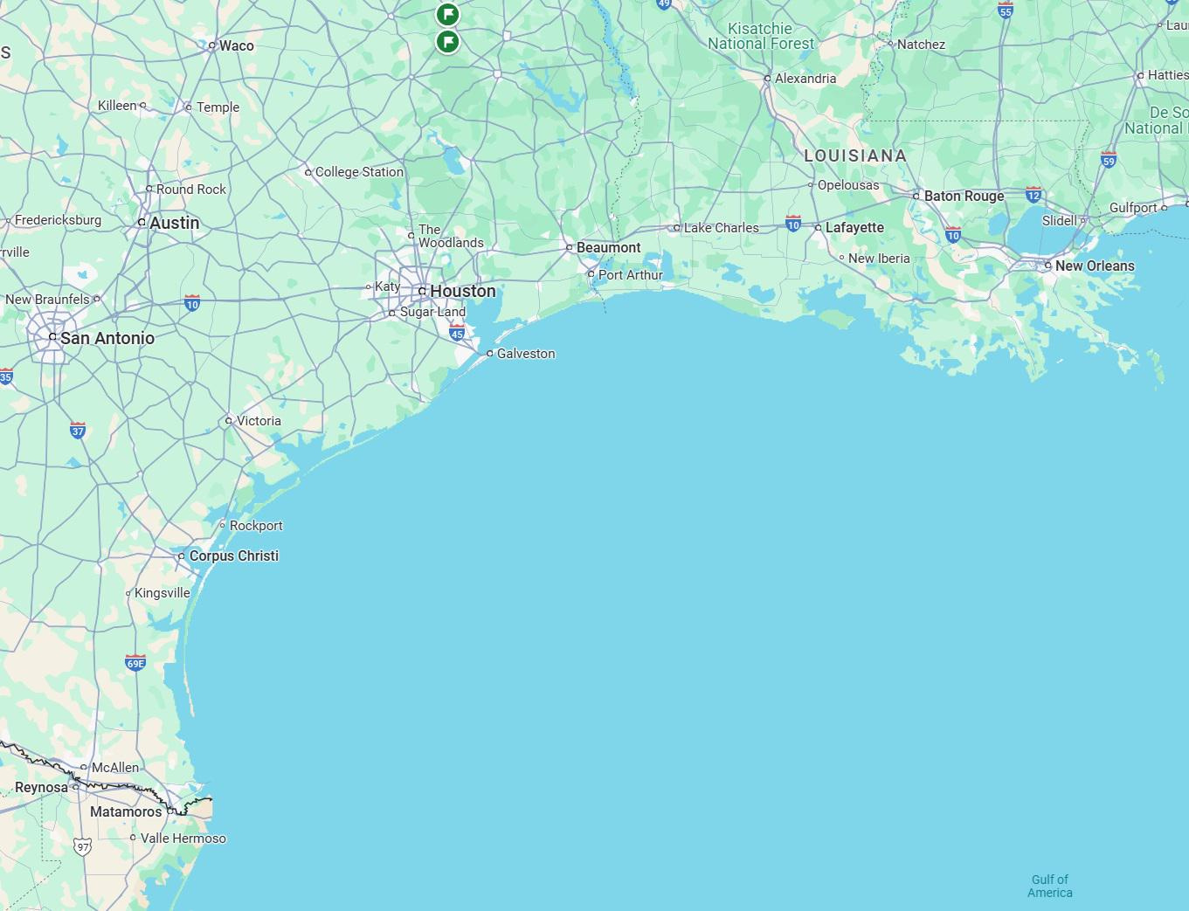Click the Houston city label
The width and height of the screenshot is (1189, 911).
point(462,291)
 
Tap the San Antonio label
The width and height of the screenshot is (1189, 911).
point(107,338)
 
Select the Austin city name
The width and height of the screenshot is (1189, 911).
point(174,223)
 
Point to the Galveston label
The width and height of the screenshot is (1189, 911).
point(525,354)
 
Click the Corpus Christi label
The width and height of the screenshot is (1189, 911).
point(233,556)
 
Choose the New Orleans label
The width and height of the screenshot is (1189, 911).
point(1094,266)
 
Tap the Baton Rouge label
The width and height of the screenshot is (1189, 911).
point(964,196)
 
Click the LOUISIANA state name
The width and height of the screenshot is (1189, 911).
point(854,155)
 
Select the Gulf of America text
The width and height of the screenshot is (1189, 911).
point(1049,886)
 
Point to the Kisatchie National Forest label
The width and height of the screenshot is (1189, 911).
point(760,36)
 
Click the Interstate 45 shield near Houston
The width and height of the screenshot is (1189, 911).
point(457,333)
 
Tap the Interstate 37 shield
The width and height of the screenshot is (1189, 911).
point(78,430)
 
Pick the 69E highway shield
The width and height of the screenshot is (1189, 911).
point(135,662)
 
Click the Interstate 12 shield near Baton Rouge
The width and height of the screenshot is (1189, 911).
point(1033,194)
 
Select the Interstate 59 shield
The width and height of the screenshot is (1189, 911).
point(1109,160)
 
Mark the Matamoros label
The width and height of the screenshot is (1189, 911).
point(126,811)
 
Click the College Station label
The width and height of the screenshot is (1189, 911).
point(359,172)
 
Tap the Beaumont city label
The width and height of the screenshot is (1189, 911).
point(608,248)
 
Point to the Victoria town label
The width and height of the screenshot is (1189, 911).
point(259,421)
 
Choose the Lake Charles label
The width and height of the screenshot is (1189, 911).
point(721,228)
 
